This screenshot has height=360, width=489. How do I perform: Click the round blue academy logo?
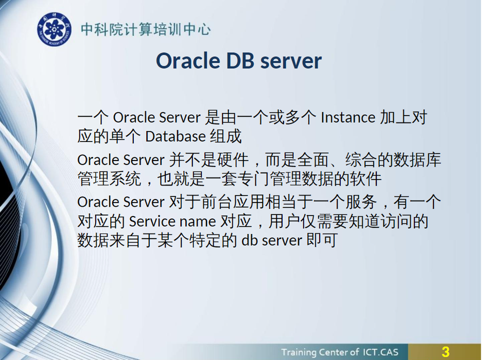tap(54, 29)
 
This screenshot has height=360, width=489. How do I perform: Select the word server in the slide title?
tap(291, 61)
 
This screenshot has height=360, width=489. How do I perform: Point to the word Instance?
tap(348, 118)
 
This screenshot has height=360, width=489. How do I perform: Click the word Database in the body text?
tap(176, 136)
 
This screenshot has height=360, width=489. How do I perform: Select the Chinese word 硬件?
tap(233, 160)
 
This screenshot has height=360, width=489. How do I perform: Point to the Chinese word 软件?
tap(365, 179)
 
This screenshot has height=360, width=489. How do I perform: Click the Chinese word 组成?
tap(226, 136)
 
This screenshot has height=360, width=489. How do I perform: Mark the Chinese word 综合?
tap(361, 160)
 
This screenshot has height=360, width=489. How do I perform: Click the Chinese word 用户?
tap(284, 221)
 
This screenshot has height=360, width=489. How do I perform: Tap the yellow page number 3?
tap(445, 352)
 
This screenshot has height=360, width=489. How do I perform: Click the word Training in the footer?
tap(299, 352)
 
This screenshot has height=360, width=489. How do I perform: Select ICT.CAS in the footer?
tap(380, 352)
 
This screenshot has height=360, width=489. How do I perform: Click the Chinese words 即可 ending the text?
tap(322, 240)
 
